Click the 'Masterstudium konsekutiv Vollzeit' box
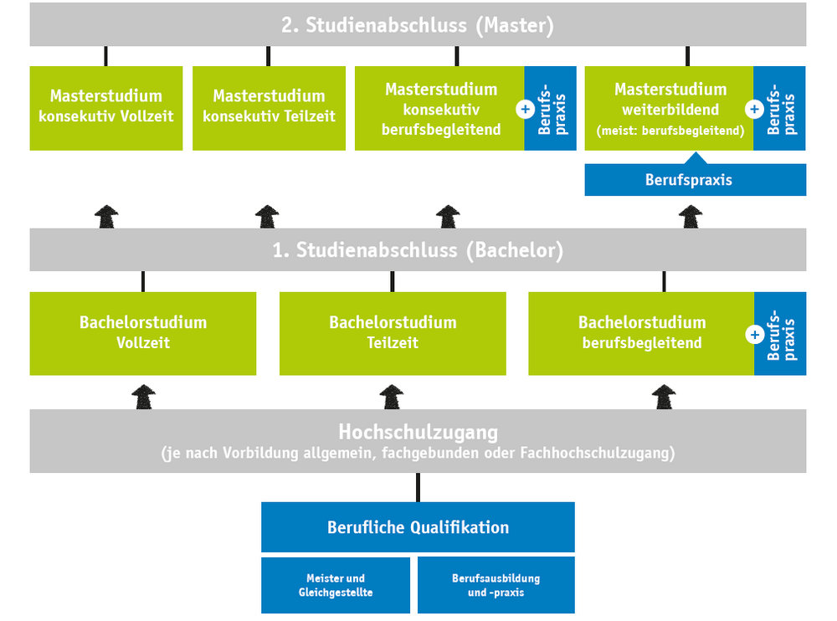coord(106,108)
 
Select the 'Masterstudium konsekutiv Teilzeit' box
coord(269,108)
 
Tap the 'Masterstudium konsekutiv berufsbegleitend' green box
coord(440,108)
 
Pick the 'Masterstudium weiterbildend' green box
coord(669,108)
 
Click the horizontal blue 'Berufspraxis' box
coord(695,180)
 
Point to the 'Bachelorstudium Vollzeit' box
coord(143,333)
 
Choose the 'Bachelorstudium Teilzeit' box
coord(393,333)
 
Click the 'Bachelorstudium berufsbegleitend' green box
coord(641,333)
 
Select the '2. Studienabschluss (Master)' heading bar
coord(418,25)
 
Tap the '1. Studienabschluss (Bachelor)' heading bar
coord(418,250)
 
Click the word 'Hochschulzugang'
coord(418,433)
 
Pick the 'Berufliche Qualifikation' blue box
coord(418,527)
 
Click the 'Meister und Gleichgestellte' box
coord(336,585)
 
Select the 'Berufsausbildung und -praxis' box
coord(496,585)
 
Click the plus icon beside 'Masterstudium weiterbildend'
coord(754,109)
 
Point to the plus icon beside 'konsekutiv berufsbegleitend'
coord(526,109)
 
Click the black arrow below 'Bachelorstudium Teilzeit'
coord(393,397)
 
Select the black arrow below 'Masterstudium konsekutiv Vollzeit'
coord(106,217)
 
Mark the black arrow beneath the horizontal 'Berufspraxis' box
coord(691,217)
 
